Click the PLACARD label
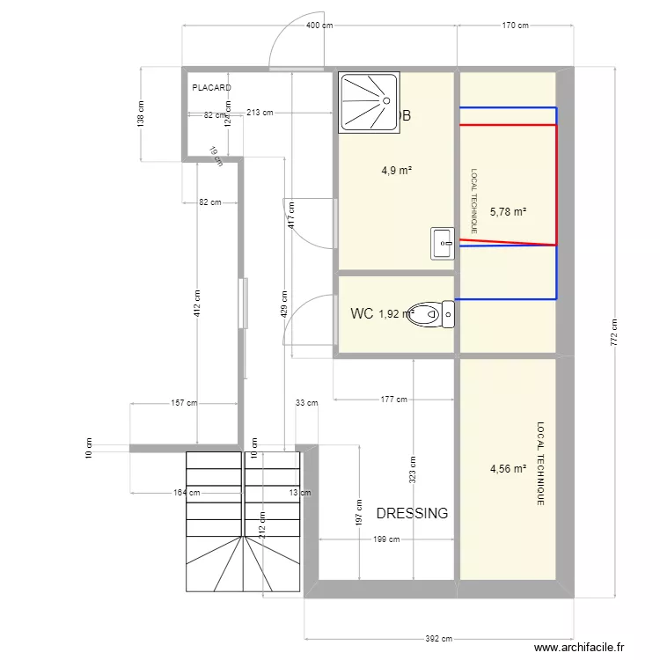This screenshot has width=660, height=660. [211, 88]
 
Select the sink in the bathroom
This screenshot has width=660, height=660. [442, 244]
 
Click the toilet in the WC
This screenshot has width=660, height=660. [434, 313]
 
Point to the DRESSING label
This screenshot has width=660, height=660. [412, 513]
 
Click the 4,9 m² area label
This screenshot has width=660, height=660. [397, 171]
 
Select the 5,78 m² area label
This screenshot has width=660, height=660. [509, 211]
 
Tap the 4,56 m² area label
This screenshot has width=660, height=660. [508, 469]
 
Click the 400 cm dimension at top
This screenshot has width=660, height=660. [319, 26]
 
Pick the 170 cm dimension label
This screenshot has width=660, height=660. [515, 26]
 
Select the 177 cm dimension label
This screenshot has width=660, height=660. [394, 400]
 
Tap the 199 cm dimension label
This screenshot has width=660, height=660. [386, 539]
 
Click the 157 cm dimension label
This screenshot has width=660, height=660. [185, 404]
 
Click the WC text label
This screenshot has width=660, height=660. [362, 313]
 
